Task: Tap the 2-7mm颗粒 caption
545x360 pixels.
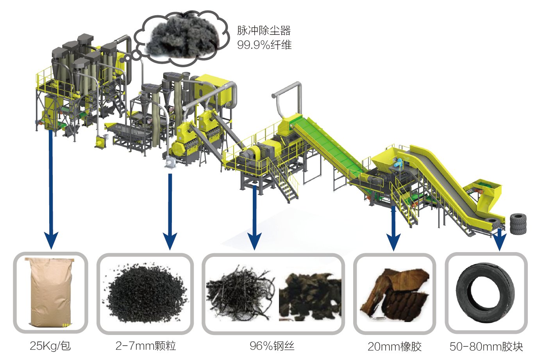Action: tap(145, 346)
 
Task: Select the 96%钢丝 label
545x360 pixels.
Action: tap(272, 346)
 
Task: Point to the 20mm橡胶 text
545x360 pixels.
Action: tap(394, 346)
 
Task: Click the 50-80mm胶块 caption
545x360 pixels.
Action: tap(486, 346)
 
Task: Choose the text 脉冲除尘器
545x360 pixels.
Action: tap(264, 30)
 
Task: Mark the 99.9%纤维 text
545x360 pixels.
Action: tap(264, 45)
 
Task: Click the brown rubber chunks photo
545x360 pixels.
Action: tap(394, 295)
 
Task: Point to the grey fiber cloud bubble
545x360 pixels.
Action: tap(182, 37)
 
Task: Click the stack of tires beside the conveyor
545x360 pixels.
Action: tap(518, 224)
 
